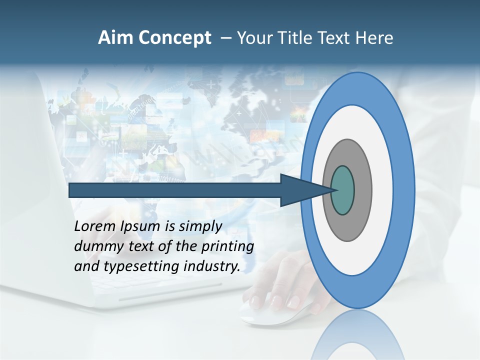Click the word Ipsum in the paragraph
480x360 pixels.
141,226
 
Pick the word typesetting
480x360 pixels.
141,266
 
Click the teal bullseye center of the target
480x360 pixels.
343,190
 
